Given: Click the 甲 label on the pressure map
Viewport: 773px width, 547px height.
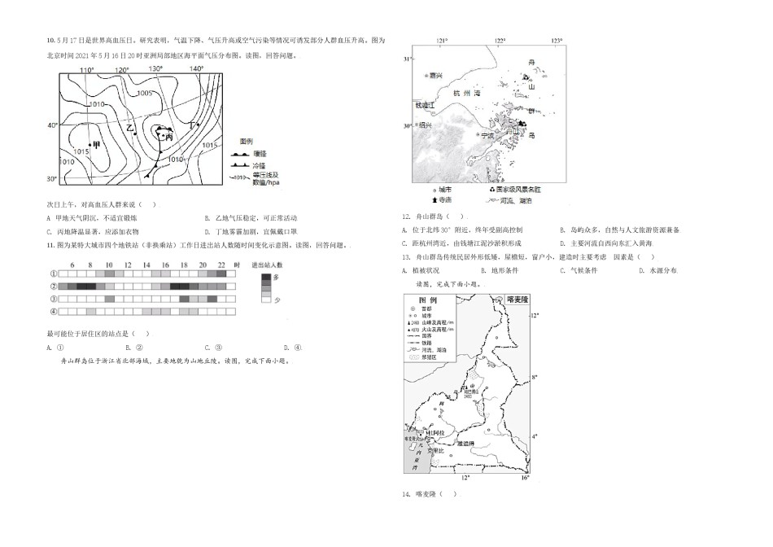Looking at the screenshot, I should pyautogui.click(x=96, y=145).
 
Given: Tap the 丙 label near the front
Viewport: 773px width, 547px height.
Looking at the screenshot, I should pyautogui.click(x=168, y=138).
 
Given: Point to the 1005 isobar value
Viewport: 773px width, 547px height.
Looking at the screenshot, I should pyautogui.click(x=144, y=93).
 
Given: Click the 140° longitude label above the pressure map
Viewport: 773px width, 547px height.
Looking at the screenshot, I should pyautogui.click(x=196, y=69).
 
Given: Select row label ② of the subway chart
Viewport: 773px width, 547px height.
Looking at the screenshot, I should pyautogui.click(x=53, y=287).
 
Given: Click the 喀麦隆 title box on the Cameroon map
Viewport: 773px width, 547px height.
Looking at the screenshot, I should pyautogui.click(x=518, y=300).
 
